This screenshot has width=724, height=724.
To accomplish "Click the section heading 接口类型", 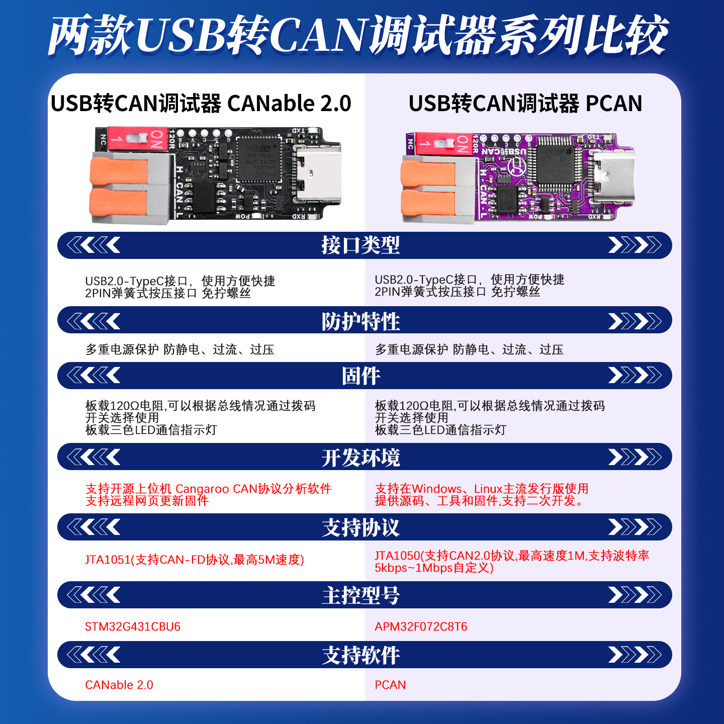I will point(360,245).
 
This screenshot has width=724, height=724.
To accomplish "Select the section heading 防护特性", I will point(360,321).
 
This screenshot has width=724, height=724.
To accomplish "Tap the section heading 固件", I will point(360,376).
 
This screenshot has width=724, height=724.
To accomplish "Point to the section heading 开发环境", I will point(360,458).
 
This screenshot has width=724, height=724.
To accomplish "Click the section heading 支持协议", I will point(360,527).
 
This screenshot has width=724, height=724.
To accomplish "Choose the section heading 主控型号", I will point(360,595).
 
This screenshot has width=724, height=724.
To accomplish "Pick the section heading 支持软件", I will point(360,655).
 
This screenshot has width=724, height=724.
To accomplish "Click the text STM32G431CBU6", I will point(133,626).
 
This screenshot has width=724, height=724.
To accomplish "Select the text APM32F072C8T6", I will point(421,626).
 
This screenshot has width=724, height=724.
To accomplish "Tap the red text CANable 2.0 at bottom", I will point(119,685).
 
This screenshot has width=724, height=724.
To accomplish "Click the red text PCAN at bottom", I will point(390,685).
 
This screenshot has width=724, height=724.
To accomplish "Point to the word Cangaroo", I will point(202,489).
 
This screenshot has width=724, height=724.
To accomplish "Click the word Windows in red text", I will point(436,489).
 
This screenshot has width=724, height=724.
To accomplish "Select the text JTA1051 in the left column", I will point(108,560).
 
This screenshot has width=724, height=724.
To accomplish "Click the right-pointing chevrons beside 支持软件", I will point(635,655).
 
